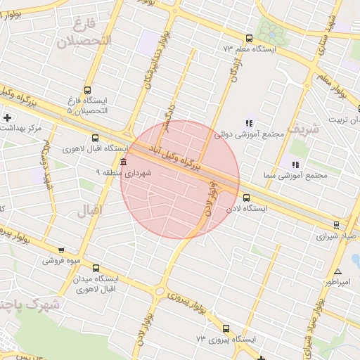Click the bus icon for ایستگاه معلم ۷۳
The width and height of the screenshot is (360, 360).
(247, 39)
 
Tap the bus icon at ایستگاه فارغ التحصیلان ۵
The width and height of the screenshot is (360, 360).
(87, 90)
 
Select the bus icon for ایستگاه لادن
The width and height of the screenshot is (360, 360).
(246, 198)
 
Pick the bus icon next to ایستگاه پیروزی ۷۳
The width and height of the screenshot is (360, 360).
(226, 328)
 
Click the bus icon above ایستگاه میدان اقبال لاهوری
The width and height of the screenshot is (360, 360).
(96, 267)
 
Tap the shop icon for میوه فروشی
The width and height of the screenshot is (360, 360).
(61, 250)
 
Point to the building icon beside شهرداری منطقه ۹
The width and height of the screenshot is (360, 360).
(124, 162)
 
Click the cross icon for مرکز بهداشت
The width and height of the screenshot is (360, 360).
(7, 117)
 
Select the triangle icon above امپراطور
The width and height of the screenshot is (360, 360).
(338, 271)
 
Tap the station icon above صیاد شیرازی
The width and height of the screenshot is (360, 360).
(336, 225)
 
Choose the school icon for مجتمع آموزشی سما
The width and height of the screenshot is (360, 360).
(295, 165)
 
